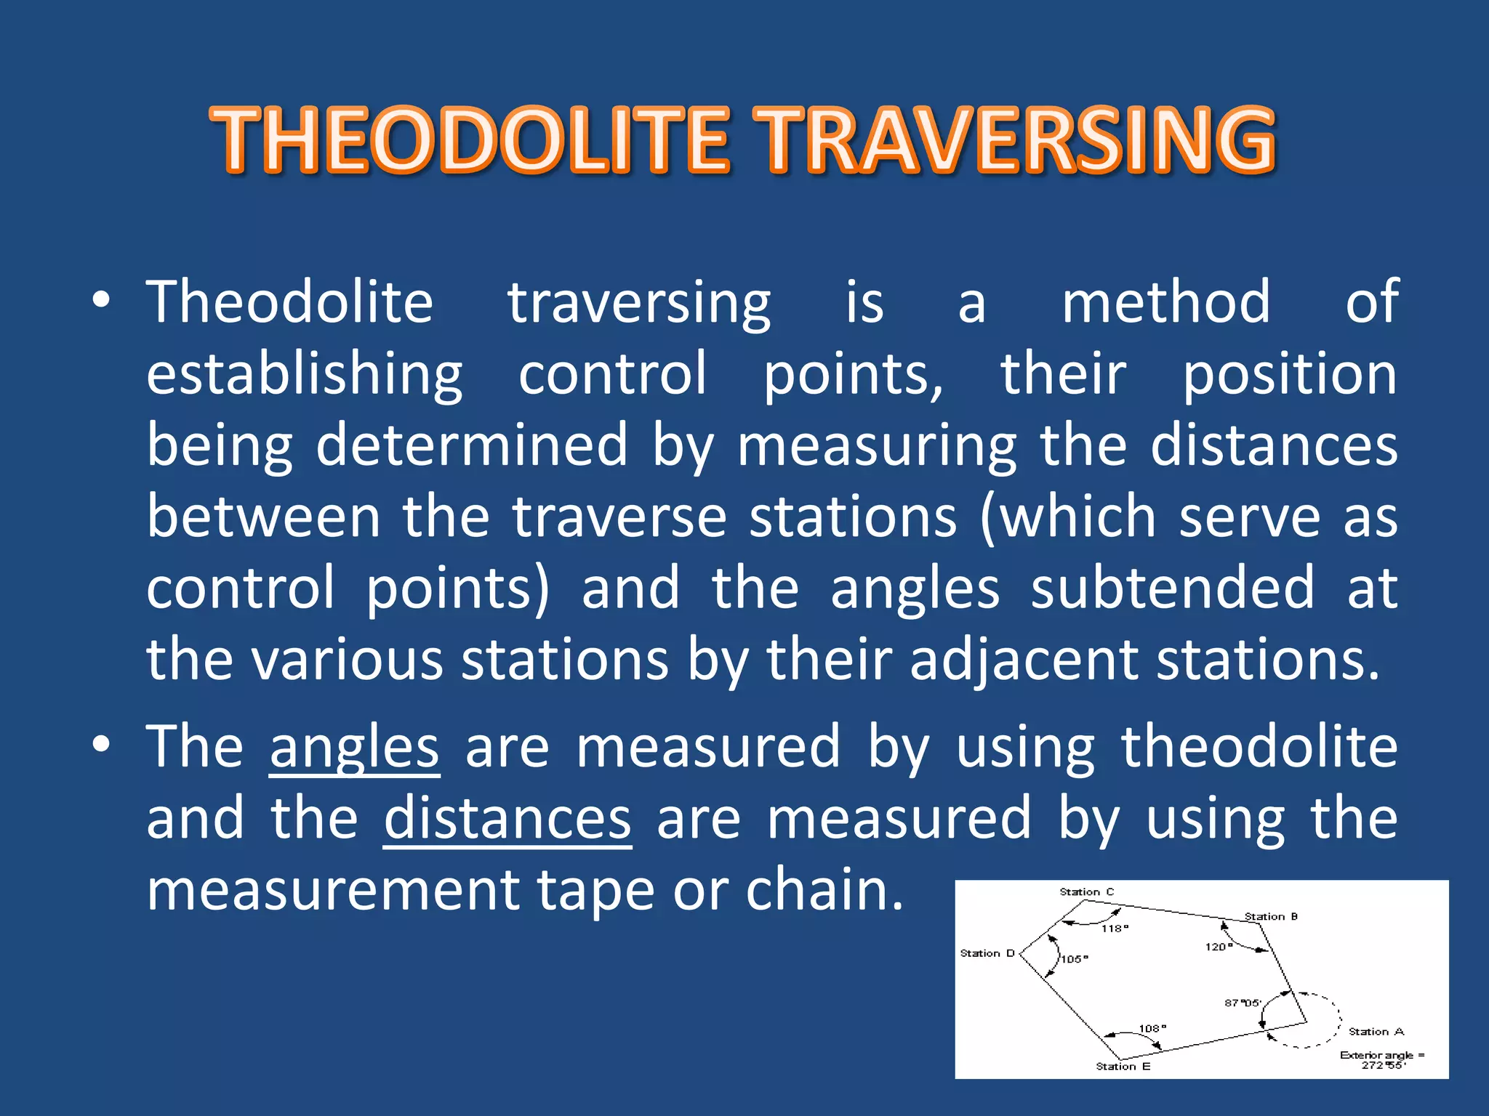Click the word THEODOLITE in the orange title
point(470,139)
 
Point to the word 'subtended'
point(1172,588)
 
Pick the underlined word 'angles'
point(354,748)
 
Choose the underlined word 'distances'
point(507,820)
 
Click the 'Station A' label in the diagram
point(1376,1032)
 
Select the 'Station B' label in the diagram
point(1271,917)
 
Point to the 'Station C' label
point(1086,892)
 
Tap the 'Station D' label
point(987,953)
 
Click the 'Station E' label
point(1123,1067)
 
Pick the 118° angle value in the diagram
point(1115,929)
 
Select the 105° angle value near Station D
point(1075,959)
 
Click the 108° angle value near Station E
point(1152,1029)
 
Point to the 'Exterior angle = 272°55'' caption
point(1382,1060)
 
